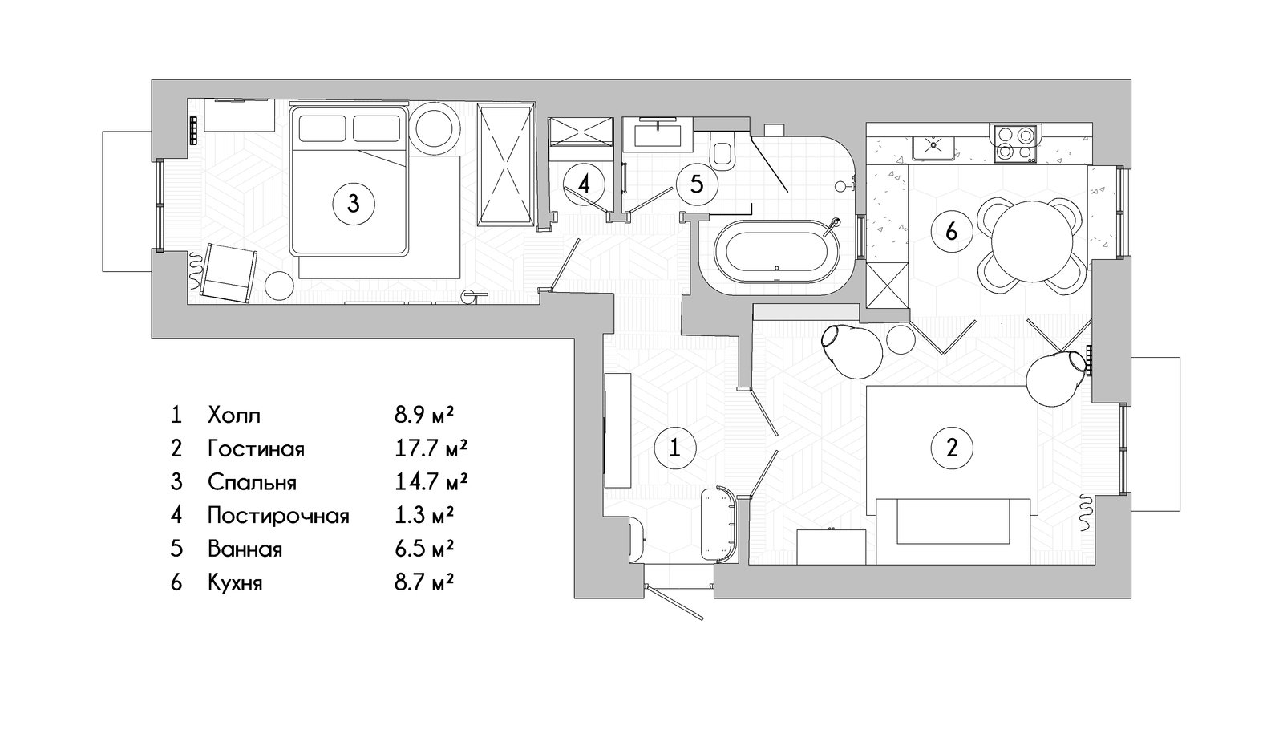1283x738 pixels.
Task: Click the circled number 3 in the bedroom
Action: pyautogui.click(x=354, y=204)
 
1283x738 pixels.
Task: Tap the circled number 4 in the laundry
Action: pyautogui.click(x=584, y=184)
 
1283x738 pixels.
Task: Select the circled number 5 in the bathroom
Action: pyautogui.click(x=696, y=184)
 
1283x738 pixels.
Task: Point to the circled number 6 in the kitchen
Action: pyautogui.click(x=951, y=232)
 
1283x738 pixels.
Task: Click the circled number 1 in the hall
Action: pyautogui.click(x=675, y=448)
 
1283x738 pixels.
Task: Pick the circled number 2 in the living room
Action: pyautogui.click(x=952, y=448)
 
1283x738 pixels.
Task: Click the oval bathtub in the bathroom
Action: pyautogui.click(x=778, y=252)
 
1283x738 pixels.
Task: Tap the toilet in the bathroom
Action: pyautogui.click(x=722, y=152)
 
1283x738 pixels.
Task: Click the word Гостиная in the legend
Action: pyautogui.click(x=256, y=448)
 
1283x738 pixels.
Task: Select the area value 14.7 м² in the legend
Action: pyautogui.click(x=431, y=481)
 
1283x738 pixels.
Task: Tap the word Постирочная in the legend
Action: pyautogui.click(x=278, y=516)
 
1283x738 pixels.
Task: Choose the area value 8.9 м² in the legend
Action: pyautogui.click(x=424, y=414)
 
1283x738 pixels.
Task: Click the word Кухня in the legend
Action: pyautogui.click(x=235, y=582)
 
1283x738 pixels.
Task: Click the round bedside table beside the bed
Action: pyautogui.click(x=436, y=129)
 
